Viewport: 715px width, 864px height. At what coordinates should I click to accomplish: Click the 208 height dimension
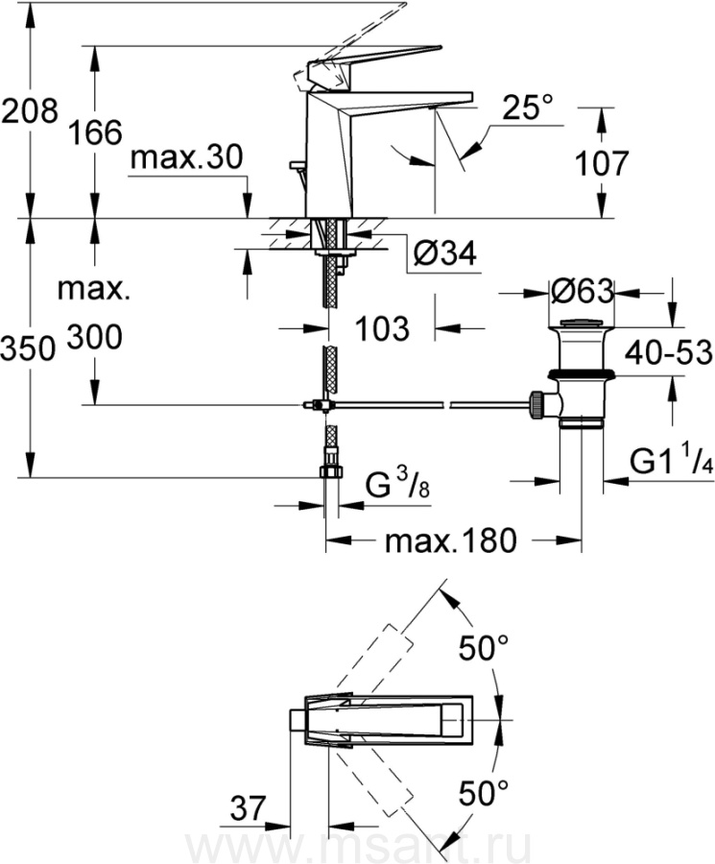(x=30, y=110)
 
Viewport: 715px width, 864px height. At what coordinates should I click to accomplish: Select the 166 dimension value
(x=95, y=132)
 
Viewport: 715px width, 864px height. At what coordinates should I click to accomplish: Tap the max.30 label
(x=187, y=157)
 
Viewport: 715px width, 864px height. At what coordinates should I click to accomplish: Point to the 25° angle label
(x=528, y=107)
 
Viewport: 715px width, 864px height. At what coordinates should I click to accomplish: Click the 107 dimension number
(x=602, y=163)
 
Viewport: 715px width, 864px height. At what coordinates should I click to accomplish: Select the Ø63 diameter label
(x=582, y=290)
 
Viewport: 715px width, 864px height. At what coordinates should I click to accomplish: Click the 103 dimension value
(x=382, y=329)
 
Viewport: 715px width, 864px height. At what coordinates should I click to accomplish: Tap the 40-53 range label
(x=669, y=352)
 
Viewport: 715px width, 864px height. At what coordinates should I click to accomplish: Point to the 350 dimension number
(x=29, y=348)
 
